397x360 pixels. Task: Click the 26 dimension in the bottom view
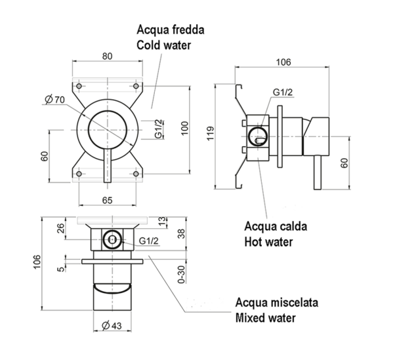[x=61, y=230]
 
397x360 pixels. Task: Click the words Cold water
[x=165, y=45]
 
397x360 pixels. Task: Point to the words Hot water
[x=268, y=242]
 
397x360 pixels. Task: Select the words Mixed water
[x=266, y=319]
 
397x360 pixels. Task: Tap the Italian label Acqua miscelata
[x=277, y=304]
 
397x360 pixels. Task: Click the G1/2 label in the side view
[x=283, y=93]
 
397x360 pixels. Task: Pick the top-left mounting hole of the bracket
[x=79, y=87]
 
